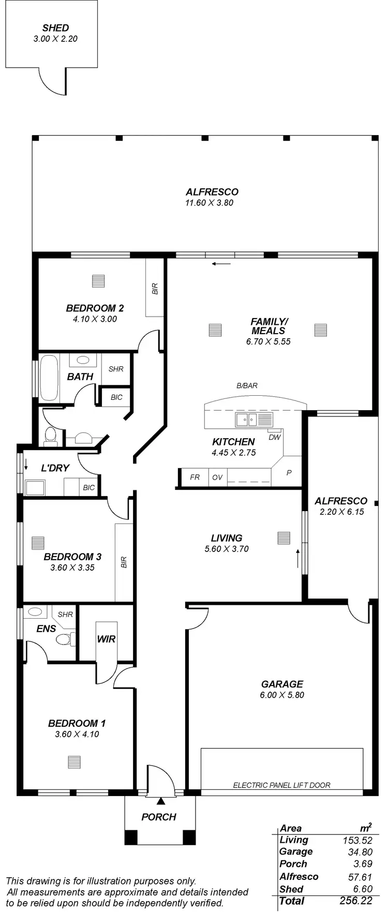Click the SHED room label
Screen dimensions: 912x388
tap(55, 28)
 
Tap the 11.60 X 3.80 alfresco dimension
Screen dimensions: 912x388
tap(210, 203)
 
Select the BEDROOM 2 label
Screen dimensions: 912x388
tap(95, 308)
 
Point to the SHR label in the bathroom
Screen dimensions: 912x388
tap(116, 369)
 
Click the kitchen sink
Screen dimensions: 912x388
tap(246, 420)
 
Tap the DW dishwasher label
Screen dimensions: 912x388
tap(274, 437)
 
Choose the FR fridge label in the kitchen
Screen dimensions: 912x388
tap(195, 477)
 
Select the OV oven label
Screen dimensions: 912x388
tap(217, 477)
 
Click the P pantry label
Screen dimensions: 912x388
tap(289, 473)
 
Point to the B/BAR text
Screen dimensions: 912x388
tap(247, 385)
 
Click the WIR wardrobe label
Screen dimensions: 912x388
tap(106, 639)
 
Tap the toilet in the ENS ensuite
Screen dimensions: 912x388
tap(64, 639)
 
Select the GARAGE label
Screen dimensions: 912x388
tap(282, 684)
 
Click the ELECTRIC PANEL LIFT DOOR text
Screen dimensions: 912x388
tap(281, 785)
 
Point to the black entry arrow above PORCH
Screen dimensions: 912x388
tap(161, 801)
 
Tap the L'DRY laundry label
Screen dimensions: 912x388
tap(55, 469)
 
